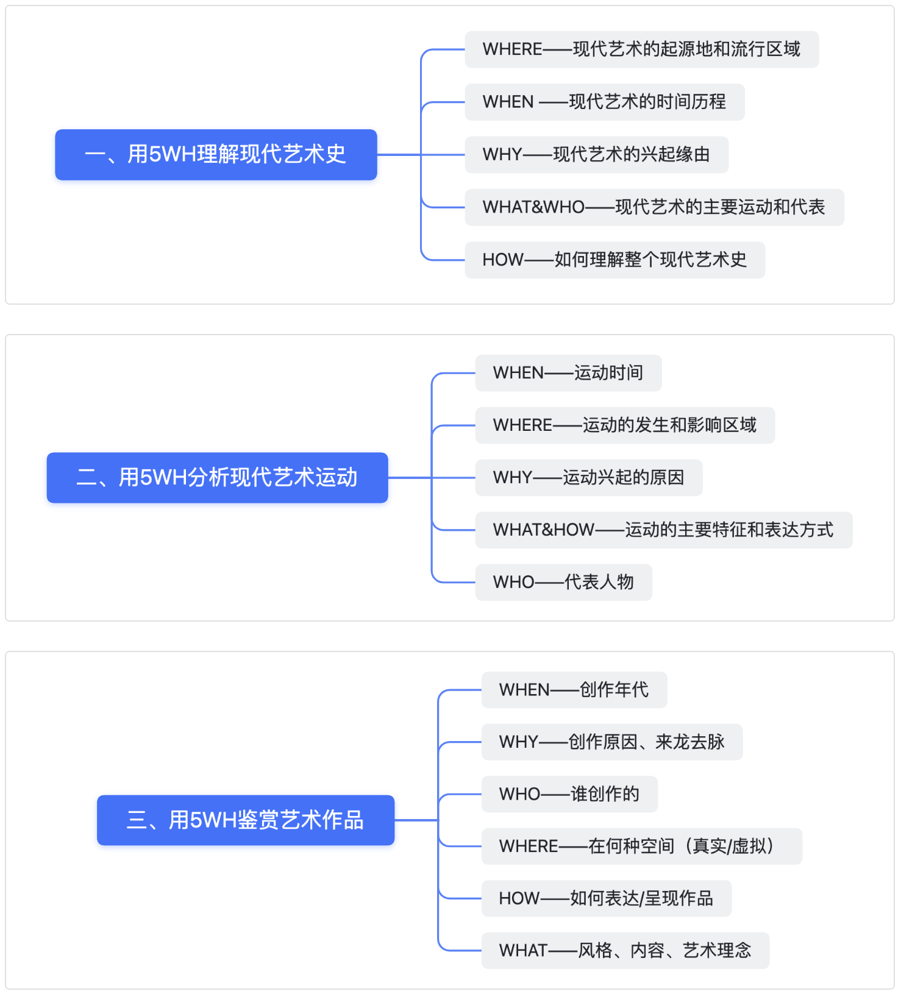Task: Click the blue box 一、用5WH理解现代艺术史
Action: (x=216, y=155)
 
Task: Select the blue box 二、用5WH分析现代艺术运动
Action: (x=218, y=478)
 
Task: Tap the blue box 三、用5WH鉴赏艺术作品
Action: (x=246, y=820)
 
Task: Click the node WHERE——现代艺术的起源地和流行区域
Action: (x=642, y=49)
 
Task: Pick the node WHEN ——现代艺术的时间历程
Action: (x=605, y=102)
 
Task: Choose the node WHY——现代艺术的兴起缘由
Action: (x=597, y=155)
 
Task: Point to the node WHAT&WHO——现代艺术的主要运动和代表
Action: (x=655, y=207)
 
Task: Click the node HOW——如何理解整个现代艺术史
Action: (x=615, y=260)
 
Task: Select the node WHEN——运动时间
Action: (x=569, y=373)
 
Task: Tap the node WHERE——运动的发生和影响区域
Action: (x=625, y=425)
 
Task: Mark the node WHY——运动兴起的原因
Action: (x=589, y=478)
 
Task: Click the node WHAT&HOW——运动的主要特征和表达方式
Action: (x=664, y=530)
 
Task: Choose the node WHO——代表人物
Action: (x=564, y=583)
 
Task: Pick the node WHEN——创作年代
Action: (x=574, y=690)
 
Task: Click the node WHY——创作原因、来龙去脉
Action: (x=612, y=742)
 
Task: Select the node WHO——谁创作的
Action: (x=569, y=794)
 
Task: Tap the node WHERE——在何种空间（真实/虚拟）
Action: (x=642, y=846)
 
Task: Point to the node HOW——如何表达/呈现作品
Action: (x=607, y=898)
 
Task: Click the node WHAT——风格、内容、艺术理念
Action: (x=625, y=951)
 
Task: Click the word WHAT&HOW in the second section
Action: (x=544, y=530)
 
